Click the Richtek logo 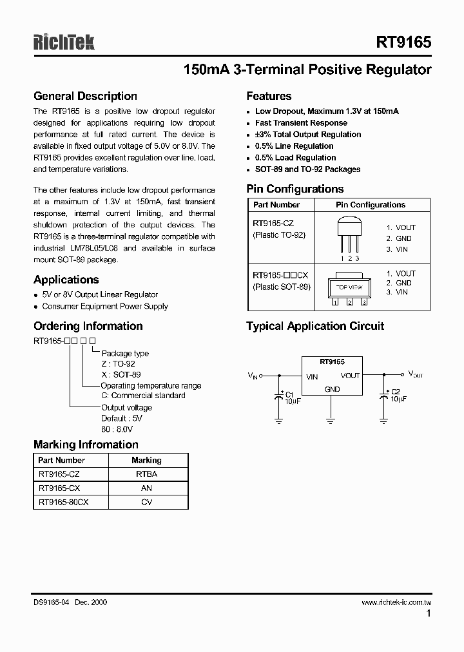[64, 42]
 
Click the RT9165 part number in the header [403, 42]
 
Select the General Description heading [85, 96]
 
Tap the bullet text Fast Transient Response [301, 123]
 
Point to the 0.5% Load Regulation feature [295, 158]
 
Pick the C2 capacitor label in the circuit [396, 392]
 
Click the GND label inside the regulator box [332, 389]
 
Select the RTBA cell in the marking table [146, 474]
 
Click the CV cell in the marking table [146, 502]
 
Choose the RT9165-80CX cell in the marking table [63, 502]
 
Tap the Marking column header [146, 460]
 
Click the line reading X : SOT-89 [121, 374]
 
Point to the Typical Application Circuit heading [315, 326]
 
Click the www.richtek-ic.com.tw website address [396, 602]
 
